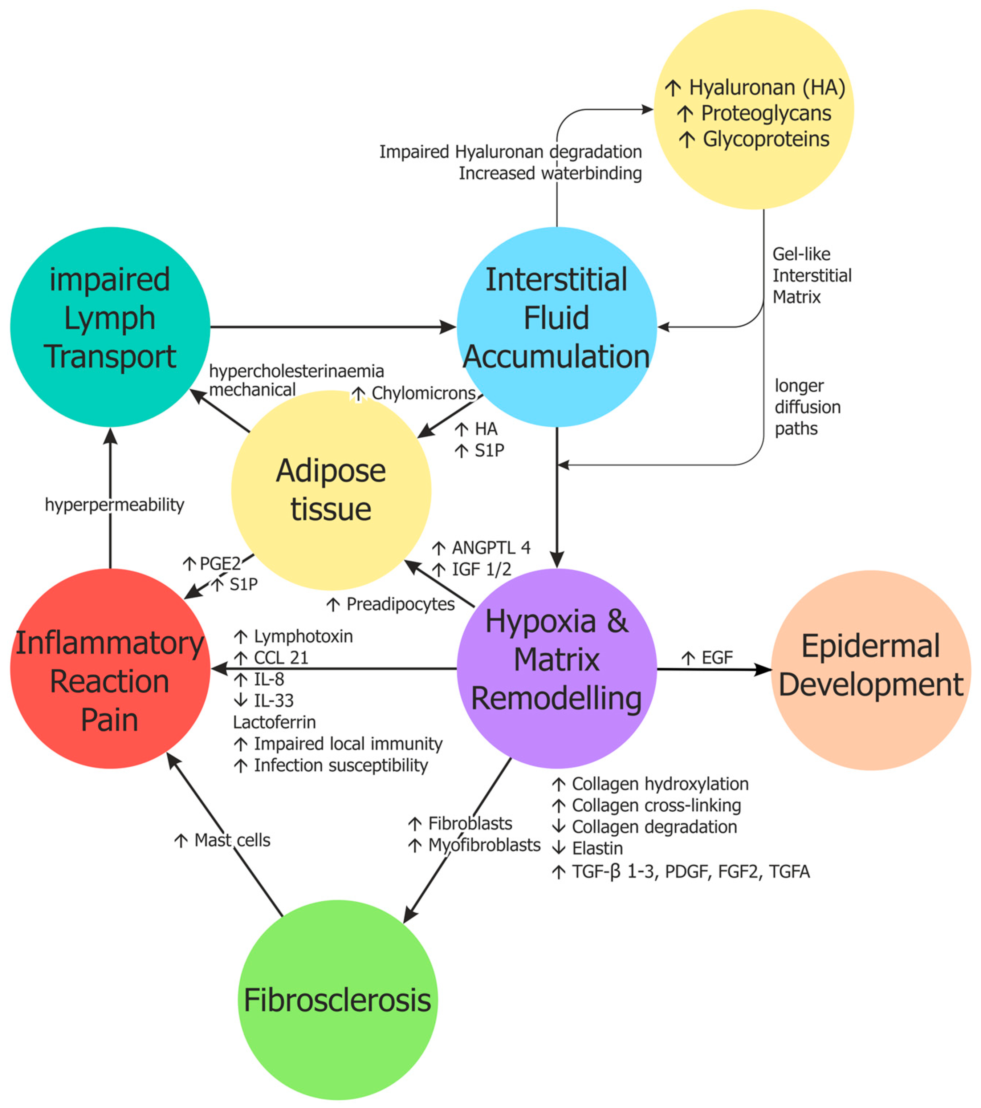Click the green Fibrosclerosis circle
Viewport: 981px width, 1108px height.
tap(337, 1000)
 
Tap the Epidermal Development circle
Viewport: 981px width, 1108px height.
tap(870, 670)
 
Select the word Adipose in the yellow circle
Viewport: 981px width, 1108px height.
tap(331, 471)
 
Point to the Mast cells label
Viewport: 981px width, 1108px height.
tap(232, 840)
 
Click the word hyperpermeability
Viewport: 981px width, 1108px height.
tap(114, 505)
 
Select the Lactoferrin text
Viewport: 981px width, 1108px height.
tap(274, 722)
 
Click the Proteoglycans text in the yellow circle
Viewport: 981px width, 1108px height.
tap(765, 113)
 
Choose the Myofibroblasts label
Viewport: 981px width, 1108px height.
tap(484, 845)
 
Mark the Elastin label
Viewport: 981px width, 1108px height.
tap(597, 848)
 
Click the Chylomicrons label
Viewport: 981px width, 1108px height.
tap(423, 393)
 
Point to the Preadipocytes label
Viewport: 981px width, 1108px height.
tap(400, 604)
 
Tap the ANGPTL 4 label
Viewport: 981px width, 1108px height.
tap(490, 548)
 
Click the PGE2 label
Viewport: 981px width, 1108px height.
tap(220, 564)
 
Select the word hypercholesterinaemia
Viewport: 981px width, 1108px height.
tap(297, 371)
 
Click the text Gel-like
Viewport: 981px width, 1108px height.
tap(801, 254)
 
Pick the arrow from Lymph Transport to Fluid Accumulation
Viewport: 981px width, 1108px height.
tap(331, 327)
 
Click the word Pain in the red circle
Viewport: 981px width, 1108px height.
tap(110, 720)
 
